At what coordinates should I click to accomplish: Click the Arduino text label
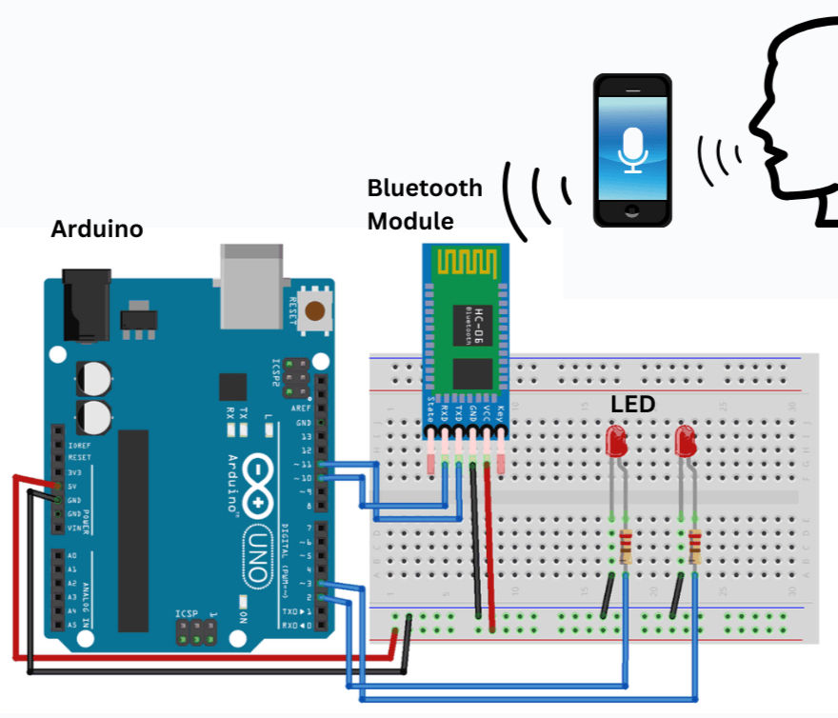pyautogui.click(x=96, y=229)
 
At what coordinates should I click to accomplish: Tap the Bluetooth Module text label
pyautogui.click(x=425, y=205)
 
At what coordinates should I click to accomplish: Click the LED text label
pyautogui.click(x=632, y=405)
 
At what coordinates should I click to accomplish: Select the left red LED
pyautogui.click(x=616, y=441)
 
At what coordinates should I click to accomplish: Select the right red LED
pyautogui.click(x=685, y=441)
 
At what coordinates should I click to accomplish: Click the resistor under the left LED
pyautogui.click(x=626, y=547)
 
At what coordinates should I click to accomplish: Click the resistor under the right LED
pyautogui.click(x=694, y=547)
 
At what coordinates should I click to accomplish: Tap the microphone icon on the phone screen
pyautogui.click(x=632, y=148)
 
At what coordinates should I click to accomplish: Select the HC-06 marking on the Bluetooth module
pyautogui.click(x=483, y=320)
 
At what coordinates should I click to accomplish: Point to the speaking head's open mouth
pyautogui.click(x=773, y=152)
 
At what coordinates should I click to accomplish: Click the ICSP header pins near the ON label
pyautogui.click(x=195, y=633)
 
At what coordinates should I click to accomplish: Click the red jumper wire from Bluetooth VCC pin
pyautogui.click(x=490, y=552)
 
